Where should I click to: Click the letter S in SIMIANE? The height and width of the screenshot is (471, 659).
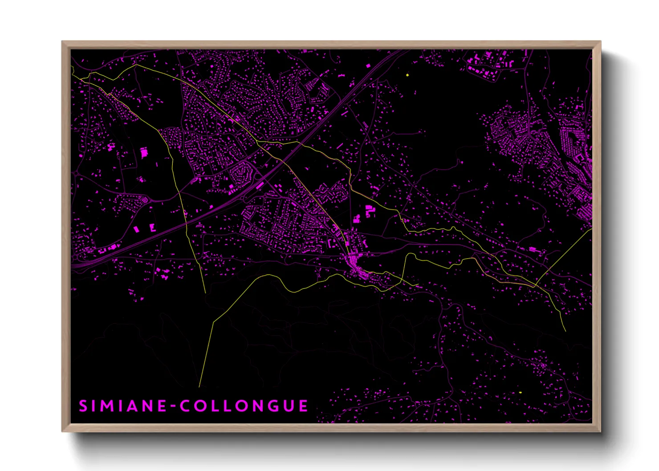83,406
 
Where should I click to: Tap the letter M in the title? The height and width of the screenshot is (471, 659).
106,406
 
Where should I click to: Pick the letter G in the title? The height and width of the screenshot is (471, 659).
268,406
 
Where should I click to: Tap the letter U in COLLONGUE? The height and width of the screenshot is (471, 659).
287,406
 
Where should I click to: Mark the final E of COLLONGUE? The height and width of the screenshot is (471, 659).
303,406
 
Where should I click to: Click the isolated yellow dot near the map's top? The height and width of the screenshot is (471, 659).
407,75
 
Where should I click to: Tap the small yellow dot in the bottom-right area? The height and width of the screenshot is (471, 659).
520,392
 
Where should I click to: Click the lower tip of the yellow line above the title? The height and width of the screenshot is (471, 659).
199,387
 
